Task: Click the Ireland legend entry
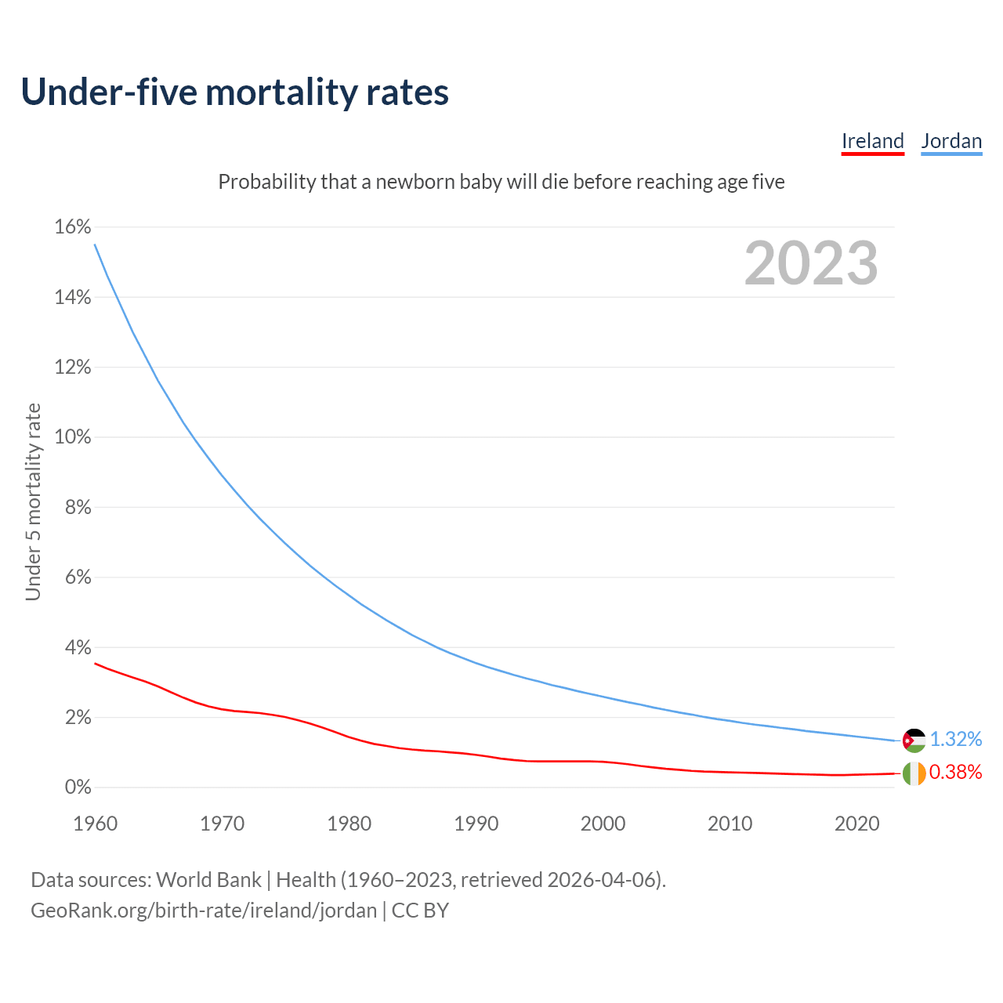[872, 141]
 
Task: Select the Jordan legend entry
[951, 141]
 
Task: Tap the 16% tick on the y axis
[73, 227]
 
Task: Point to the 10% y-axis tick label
[73, 437]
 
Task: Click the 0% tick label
[78, 788]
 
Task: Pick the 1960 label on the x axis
[95, 824]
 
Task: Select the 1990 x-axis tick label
[476, 824]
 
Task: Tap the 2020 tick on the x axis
[857, 824]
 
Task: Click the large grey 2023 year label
[811, 263]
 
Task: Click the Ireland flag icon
[914, 773]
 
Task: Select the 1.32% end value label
[956, 740]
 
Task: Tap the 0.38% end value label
[956, 773]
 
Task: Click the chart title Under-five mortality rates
[235, 92]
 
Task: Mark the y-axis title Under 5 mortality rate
[33, 501]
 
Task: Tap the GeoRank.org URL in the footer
[204, 911]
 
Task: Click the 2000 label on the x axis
[603, 824]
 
